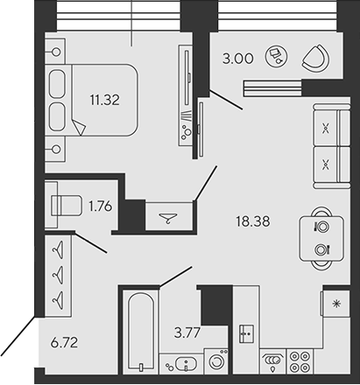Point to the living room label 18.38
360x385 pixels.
251,222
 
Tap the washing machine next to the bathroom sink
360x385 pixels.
215,362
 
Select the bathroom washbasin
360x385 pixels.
182,364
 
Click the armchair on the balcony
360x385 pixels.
314,59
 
